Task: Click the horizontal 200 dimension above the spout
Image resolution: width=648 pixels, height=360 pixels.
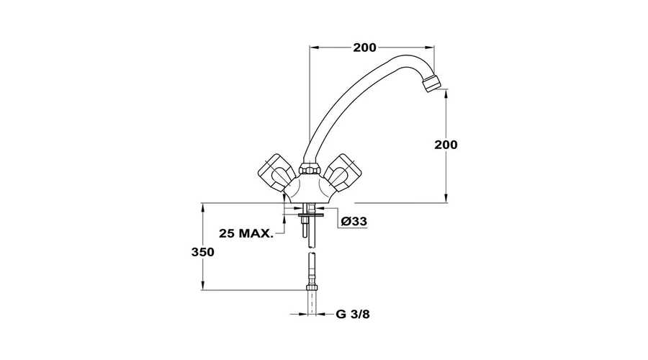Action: pyautogui.click(x=364, y=48)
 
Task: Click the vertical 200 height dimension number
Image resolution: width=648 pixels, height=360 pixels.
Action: pyautogui.click(x=446, y=145)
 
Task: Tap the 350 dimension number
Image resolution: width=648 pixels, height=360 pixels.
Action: pyautogui.click(x=202, y=252)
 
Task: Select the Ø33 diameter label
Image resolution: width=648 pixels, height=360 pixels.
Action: pyautogui.click(x=354, y=222)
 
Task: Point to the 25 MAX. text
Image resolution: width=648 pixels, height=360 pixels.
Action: pyautogui.click(x=246, y=233)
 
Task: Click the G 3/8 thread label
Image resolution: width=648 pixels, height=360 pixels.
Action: pyautogui.click(x=353, y=314)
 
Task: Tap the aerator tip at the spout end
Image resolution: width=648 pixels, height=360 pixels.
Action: pyautogui.click(x=432, y=82)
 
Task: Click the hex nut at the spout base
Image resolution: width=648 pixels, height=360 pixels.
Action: pyautogui.click(x=310, y=168)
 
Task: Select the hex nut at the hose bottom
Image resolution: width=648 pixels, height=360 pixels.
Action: pyautogui.click(x=312, y=287)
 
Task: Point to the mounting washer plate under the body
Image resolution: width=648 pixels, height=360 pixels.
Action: pyautogui.click(x=312, y=215)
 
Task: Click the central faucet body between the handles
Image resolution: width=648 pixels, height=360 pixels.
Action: pyautogui.click(x=310, y=188)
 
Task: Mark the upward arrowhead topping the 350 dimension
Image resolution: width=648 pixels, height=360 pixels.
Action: pyautogui.click(x=202, y=207)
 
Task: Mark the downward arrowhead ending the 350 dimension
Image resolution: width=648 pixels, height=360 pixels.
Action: pyautogui.click(x=202, y=285)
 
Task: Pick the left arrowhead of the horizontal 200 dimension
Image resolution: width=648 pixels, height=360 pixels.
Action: pyautogui.click(x=315, y=48)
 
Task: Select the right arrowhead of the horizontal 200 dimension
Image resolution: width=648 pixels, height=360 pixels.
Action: pyautogui.click(x=429, y=48)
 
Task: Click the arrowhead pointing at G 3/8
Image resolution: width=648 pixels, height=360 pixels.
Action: pyautogui.click(x=321, y=314)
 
